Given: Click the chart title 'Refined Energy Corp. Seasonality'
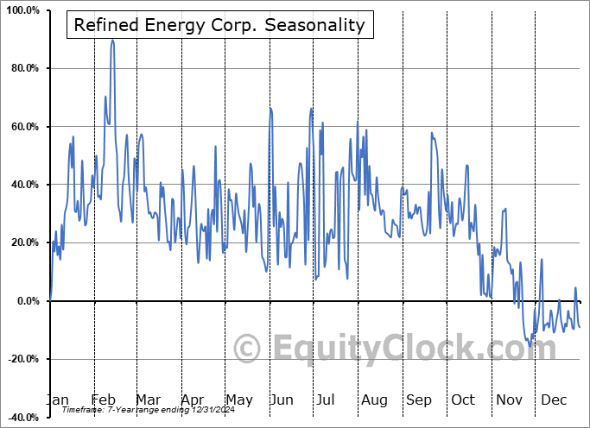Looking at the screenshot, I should pos(219,25).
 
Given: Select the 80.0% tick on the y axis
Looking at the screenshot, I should pos(22,68).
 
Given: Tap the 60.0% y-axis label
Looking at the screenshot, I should pos(22,127).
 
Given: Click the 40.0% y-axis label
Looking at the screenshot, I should pos(22,185).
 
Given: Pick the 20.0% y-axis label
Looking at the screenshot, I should pos(22,242).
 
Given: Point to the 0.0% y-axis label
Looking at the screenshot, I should pos(25,301).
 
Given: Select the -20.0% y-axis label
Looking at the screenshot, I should pos(22,359).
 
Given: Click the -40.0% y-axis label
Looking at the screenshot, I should pos(22,417).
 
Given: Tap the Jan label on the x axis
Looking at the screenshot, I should pos(56,400).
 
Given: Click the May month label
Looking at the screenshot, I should pos(238,400).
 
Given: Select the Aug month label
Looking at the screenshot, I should pos(374,400).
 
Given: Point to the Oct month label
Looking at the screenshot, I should pos(464,400).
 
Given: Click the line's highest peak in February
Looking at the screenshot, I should pos(112,40).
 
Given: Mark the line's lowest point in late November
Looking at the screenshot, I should pos(530,346).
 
